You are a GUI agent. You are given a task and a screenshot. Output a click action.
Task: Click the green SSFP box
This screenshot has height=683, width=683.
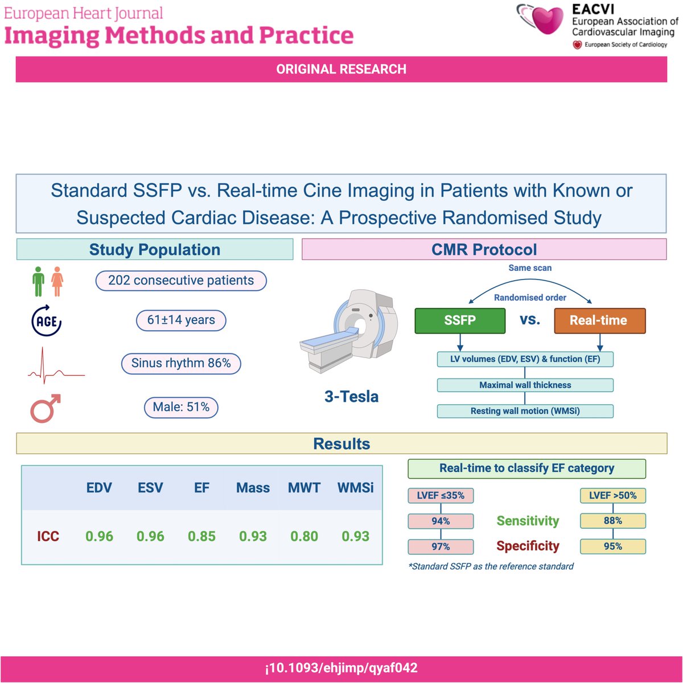tap(460, 320)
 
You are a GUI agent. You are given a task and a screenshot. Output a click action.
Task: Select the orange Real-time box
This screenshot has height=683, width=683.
tap(599, 320)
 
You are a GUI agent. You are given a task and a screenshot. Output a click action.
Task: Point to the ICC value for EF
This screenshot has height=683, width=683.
tap(201, 536)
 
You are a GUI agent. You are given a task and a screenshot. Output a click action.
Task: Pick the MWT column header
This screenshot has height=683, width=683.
tap(304, 488)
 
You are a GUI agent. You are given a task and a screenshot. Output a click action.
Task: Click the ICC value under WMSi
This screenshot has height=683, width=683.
tap(355, 536)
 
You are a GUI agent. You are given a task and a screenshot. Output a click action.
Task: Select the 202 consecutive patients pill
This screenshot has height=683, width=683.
tap(181, 281)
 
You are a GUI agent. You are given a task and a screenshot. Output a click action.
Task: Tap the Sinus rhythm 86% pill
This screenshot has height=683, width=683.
tap(181, 363)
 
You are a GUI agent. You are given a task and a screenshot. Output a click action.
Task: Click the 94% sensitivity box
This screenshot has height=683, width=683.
tap(441, 521)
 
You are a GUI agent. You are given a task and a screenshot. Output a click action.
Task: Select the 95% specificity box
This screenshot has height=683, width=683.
tap(612, 546)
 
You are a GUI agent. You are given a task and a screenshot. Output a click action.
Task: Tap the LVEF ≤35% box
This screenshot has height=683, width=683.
tap(441, 496)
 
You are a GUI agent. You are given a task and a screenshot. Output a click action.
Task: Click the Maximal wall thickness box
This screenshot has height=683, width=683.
tap(525, 385)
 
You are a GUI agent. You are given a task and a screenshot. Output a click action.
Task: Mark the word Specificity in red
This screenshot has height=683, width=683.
tap(528, 546)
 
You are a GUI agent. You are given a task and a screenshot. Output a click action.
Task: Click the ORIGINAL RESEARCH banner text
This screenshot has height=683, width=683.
tap(341, 69)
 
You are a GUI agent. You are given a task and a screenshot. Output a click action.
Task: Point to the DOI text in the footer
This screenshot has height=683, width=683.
tap(341, 668)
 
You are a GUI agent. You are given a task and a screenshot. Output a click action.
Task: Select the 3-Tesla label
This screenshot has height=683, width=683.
tap(351, 397)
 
